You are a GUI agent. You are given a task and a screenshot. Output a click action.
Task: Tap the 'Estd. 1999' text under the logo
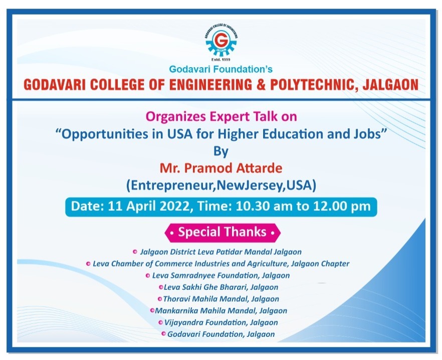220,60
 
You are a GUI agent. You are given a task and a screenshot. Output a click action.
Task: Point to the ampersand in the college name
261,85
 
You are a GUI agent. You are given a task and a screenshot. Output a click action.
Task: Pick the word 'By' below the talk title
220,152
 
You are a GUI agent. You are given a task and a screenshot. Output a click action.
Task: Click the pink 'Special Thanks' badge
223,233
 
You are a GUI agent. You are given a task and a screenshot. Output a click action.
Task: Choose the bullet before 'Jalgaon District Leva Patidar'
135,252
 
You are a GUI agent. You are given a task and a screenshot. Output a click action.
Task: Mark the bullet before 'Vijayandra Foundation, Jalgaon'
161,322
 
